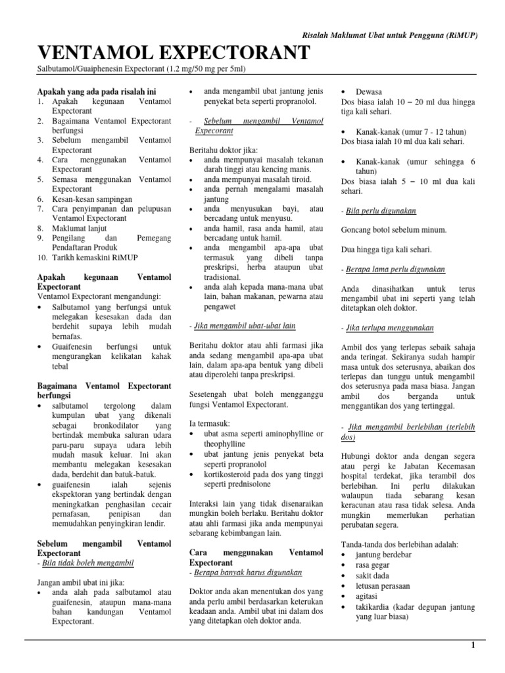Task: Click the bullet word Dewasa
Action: [369, 91]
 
